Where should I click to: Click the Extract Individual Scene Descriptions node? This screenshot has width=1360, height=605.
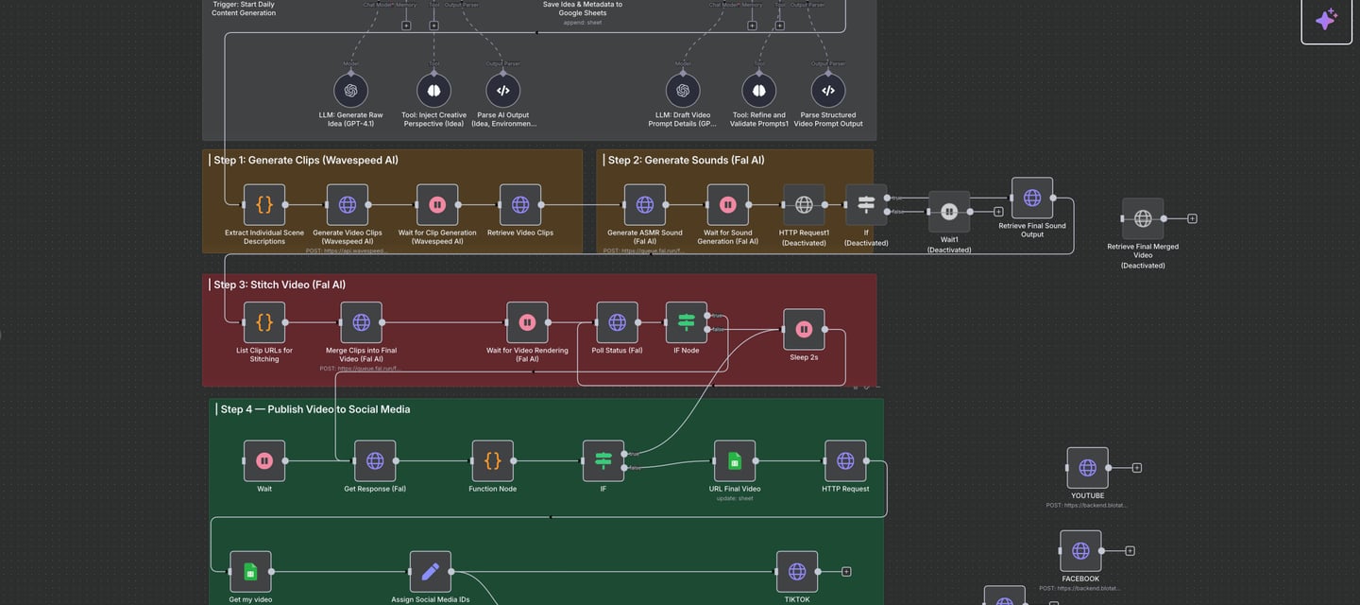tap(264, 205)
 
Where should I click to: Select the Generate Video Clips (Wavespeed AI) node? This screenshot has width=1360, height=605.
tap(348, 205)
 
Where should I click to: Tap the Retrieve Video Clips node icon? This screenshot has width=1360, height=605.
tap(520, 205)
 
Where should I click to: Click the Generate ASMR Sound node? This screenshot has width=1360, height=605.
tap(645, 205)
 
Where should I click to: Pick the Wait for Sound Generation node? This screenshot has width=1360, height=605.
tap(728, 205)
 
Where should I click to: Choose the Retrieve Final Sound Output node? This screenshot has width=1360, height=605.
tap(1032, 199)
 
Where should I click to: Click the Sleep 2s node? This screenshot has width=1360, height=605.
tap(804, 330)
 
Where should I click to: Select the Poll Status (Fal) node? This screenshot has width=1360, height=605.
tap(617, 322)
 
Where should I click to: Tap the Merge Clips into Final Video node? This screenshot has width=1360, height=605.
tap(361, 322)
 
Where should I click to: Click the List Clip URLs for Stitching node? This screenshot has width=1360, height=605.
tap(264, 322)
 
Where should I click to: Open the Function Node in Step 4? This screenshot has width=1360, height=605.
tap(493, 461)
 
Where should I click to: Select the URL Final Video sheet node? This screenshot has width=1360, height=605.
tap(735, 461)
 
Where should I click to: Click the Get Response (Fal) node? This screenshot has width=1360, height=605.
tap(375, 461)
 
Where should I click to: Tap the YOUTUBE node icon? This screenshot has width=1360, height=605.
tap(1087, 468)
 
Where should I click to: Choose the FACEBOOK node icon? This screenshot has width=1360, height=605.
tap(1080, 551)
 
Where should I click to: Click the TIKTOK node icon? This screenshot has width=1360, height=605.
tap(797, 572)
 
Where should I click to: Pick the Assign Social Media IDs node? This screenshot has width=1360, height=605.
tap(430, 572)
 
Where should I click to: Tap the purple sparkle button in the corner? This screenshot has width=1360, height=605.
tap(1326, 20)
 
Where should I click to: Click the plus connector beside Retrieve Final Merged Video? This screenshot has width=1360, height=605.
tap(1192, 218)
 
